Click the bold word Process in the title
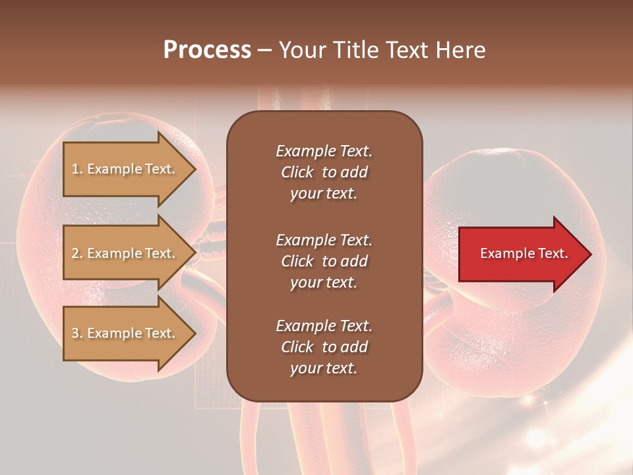207,50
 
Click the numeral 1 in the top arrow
76,169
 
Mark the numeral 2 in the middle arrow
76,253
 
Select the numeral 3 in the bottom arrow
76,333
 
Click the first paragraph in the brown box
324,172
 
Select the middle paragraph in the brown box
324,261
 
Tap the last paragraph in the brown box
324,347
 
